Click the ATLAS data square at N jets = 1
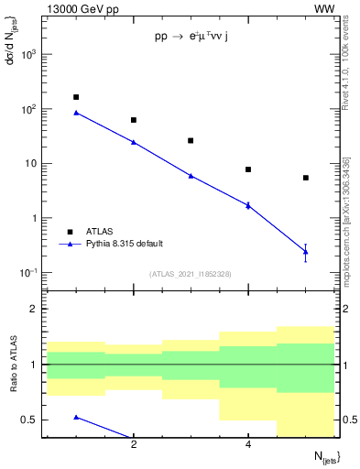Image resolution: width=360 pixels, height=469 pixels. (76, 97)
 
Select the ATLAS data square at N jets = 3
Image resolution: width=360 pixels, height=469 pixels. (191, 141)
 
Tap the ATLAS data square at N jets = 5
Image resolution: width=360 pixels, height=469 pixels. (305, 178)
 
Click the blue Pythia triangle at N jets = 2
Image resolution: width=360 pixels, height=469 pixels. (134, 142)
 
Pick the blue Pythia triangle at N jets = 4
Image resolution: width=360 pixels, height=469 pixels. (248, 205)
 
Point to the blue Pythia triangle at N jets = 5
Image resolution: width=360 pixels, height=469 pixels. (305, 251)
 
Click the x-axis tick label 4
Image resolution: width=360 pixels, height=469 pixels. (248, 444)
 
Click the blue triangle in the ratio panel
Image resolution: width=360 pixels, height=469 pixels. (76, 417)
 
